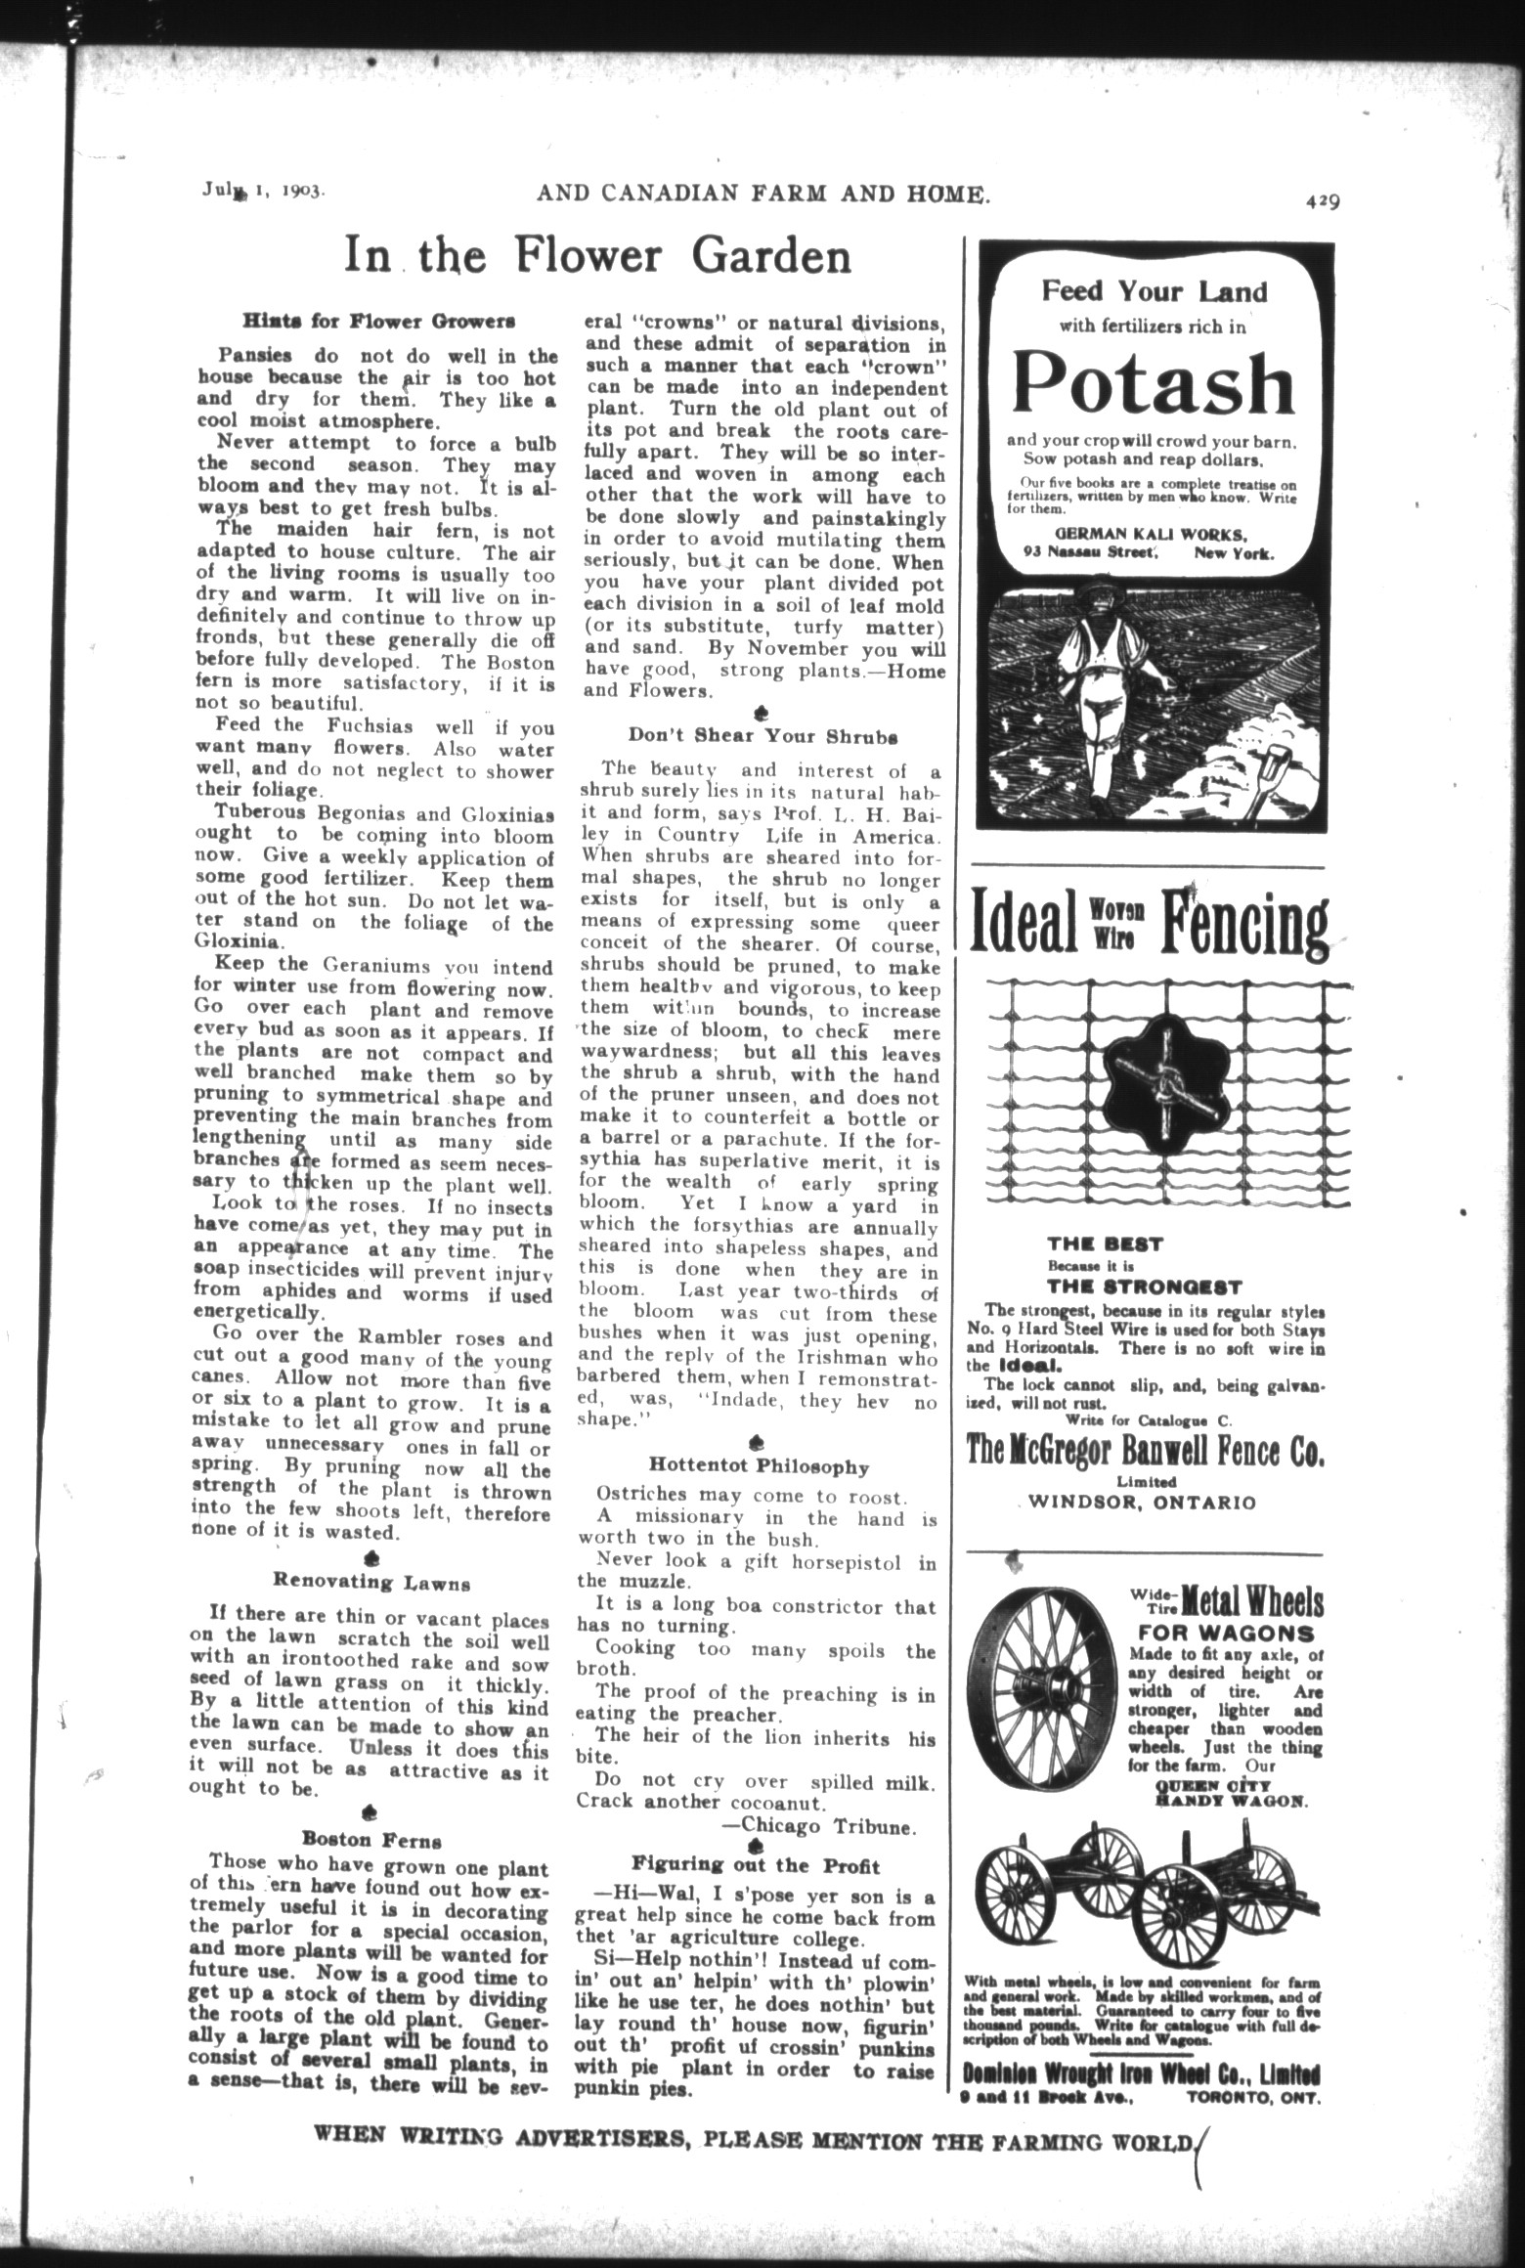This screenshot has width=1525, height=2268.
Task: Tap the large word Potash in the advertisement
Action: [1154, 383]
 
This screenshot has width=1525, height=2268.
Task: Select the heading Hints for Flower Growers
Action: [379, 321]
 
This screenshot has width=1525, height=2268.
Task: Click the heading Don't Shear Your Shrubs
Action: [762, 735]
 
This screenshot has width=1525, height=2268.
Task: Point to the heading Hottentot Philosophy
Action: [759, 1466]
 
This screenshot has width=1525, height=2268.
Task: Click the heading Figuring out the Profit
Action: [756, 1864]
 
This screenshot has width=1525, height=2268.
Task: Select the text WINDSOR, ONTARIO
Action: [1146, 1503]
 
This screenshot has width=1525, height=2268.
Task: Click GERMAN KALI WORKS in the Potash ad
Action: [1151, 535]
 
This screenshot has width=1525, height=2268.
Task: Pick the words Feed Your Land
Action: [1153, 291]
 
